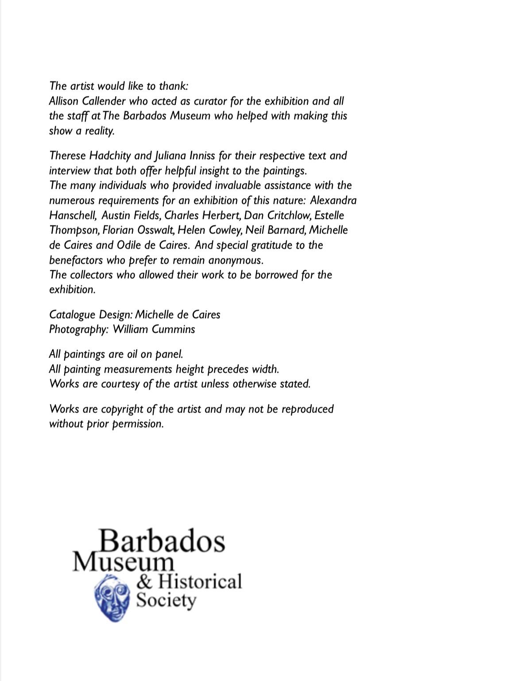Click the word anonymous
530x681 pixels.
click(x=236, y=260)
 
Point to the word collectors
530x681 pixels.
click(x=91, y=275)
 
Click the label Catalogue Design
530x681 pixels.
click(x=91, y=315)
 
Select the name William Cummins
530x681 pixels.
click(x=154, y=329)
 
